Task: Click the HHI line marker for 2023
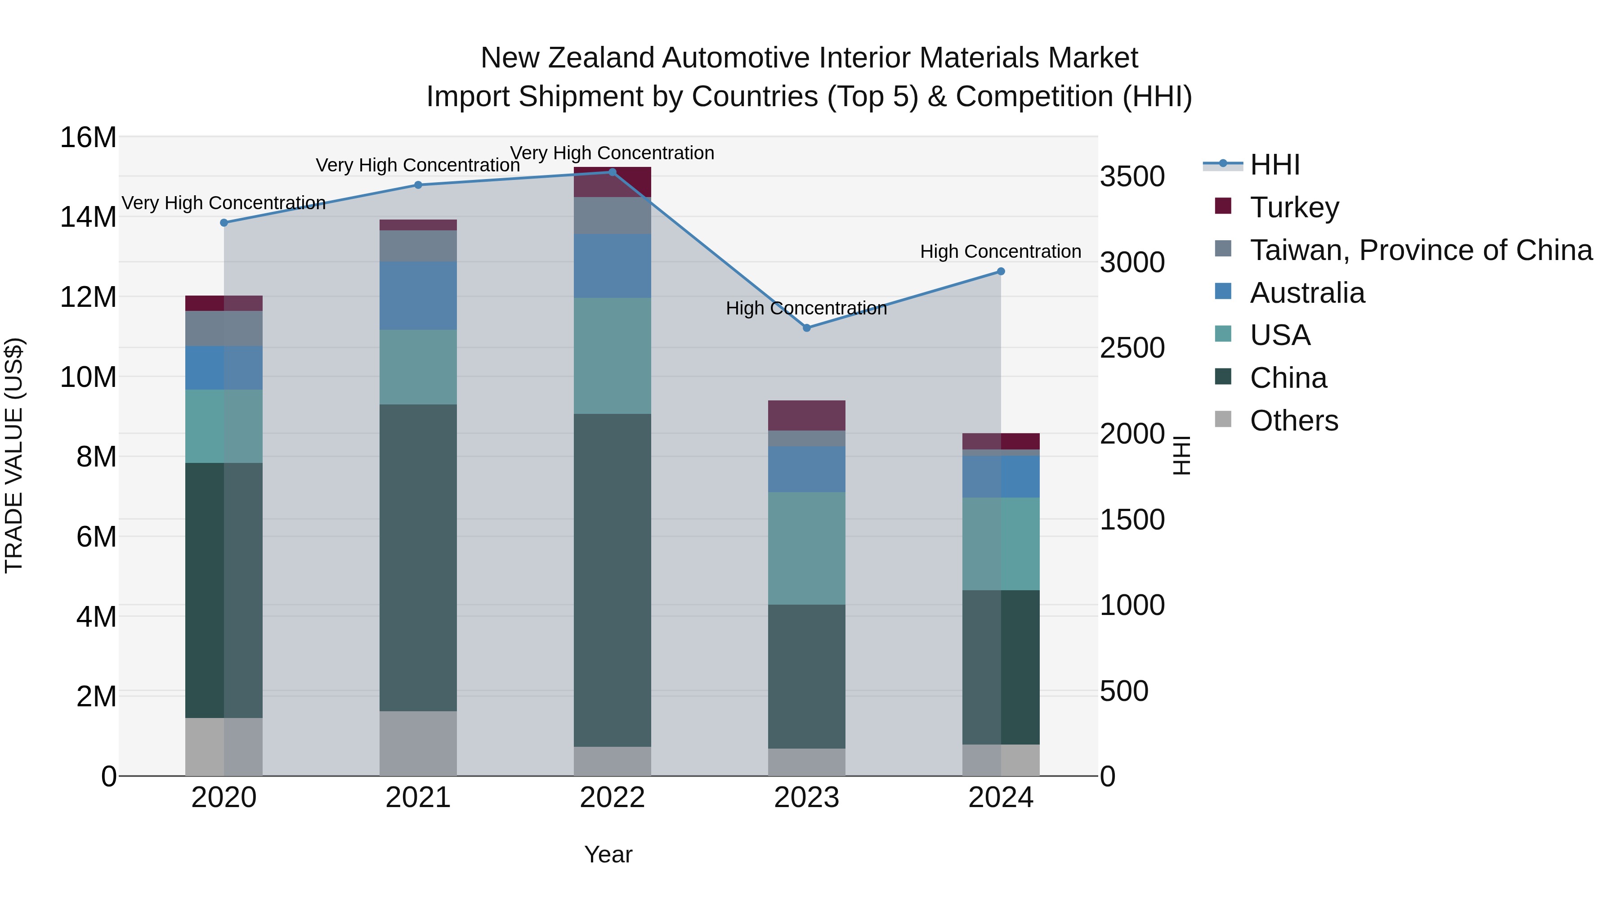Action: tap(807, 328)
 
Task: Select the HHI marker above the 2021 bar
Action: tap(419, 185)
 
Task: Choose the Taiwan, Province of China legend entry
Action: tap(1420, 250)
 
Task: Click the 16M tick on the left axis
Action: tap(88, 137)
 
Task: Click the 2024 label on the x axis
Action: tap(1001, 797)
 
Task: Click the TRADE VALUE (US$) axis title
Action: tap(14, 455)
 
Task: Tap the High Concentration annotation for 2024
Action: tap(1001, 251)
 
